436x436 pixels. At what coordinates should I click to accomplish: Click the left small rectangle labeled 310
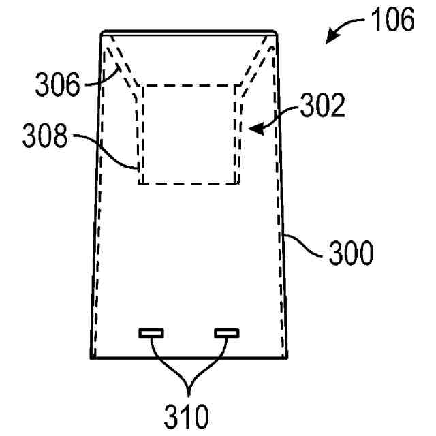pyautogui.click(x=151, y=333)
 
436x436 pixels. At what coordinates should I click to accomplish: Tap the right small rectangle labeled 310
pyautogui.click(x=227, y=333)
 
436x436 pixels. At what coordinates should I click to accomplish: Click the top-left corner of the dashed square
pyautogui.click(x=141, y=86)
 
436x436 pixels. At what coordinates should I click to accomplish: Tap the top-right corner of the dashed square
pyautogui.click(x=236, y=86)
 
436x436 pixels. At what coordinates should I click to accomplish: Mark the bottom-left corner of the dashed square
pyautogui.click(x=141, y=183)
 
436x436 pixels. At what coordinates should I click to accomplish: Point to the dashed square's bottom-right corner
pyautogui.click(x=236, y=183)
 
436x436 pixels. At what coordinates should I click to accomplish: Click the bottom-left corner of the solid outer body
pyautogui.click(x=91, y=357)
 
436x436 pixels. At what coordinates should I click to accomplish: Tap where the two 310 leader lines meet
pyautogui.click(x=188, y=388)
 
